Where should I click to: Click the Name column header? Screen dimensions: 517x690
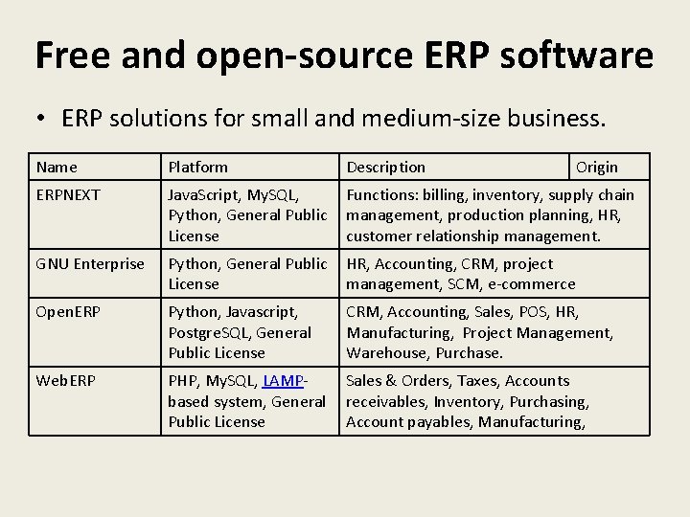57,167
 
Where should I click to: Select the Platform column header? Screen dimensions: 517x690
198,167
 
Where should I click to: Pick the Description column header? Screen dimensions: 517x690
385,167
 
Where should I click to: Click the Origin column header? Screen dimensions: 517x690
597,167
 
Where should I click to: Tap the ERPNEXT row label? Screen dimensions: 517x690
68,194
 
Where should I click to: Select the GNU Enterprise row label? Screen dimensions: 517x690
90,263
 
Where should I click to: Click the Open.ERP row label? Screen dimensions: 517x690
69,312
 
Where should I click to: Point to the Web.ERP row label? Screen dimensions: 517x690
65,381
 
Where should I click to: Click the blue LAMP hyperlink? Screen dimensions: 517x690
281,381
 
